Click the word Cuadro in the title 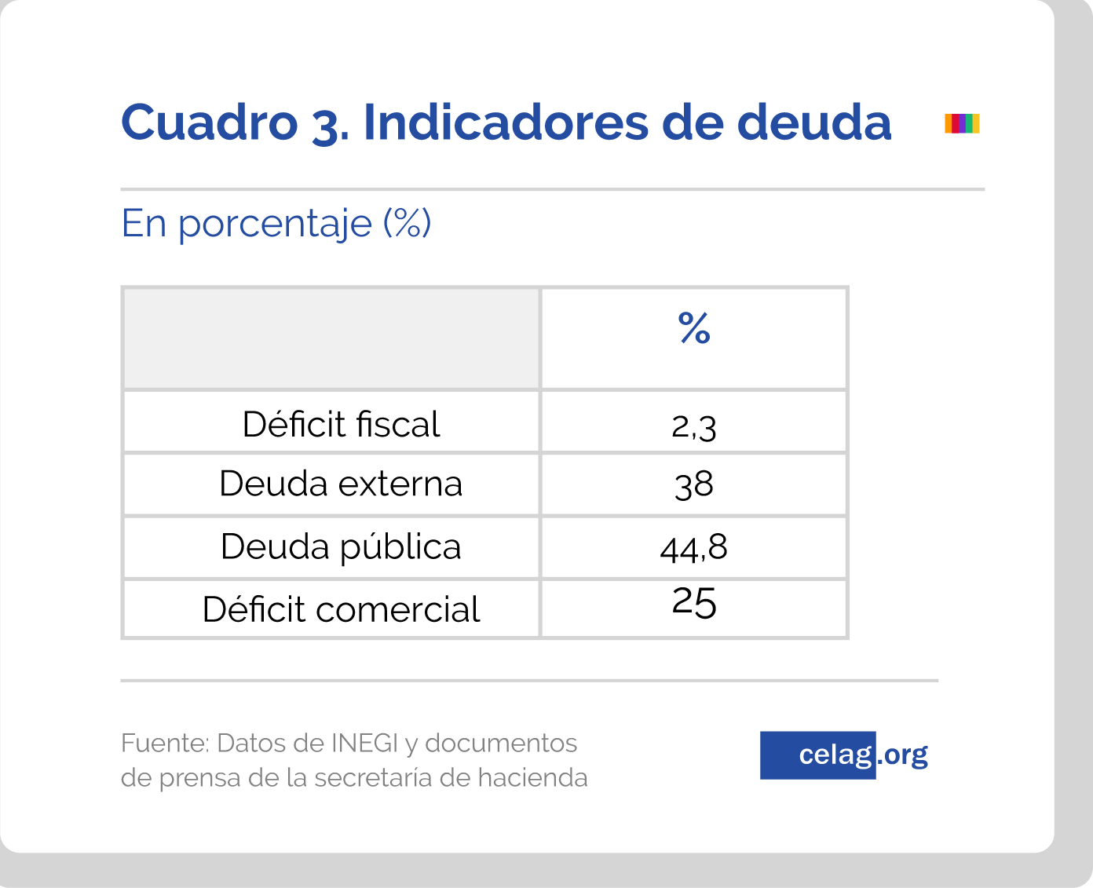click(x=209, y=122)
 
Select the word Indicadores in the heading click(x=506, y=122)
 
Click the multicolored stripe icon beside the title click(x=962, y=123)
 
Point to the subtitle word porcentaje click(x=275, y=225)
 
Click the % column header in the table click(x=694, y=328)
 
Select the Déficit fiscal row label click(x=341, y=425)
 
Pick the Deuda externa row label click(x=341, y=484)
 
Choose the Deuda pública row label click(x=341, y=547)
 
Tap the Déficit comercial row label click(x=341, y=609)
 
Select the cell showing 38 click(x=694, y=484)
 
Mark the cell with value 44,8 click(x=694, y=547)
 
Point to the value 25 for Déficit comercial click(x=694, y=603)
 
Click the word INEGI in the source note click(x=364, y=743)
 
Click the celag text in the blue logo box click(x=835, y=755)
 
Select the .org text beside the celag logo click(x=903, y=755)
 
